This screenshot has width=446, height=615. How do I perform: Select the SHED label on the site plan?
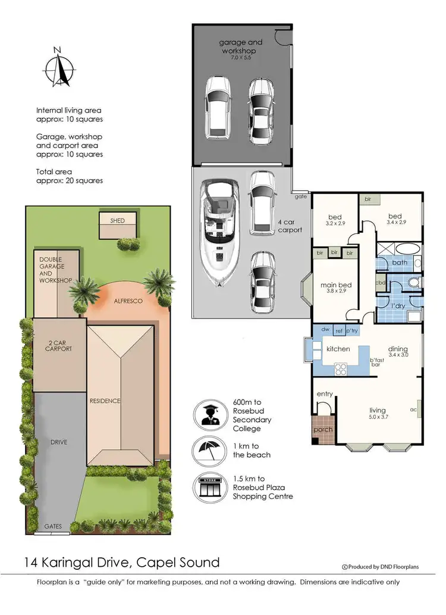pos(117,221)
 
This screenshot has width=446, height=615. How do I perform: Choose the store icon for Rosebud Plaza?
pos(208,486)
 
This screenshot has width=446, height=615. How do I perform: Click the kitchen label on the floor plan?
pos(338,349)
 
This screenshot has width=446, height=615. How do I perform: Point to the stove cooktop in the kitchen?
pos(341,369)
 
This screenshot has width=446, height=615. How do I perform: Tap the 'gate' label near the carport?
pos(300,195)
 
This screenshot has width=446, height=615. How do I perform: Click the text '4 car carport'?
pos(290,226)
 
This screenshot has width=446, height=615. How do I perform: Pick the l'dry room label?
pos(398,306)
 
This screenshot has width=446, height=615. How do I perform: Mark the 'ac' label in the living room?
pos(413,410)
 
